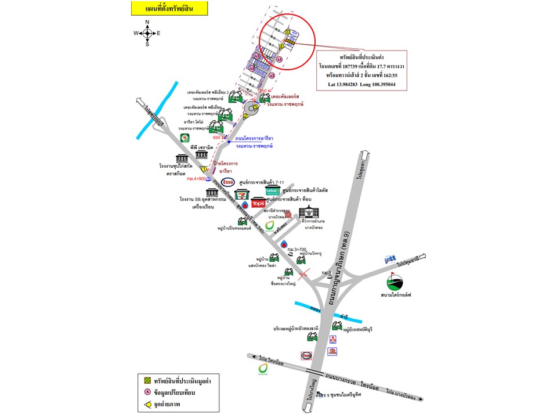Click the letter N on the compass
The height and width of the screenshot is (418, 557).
[x=147, y=23]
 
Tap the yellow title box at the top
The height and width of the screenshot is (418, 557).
[x=157, y=8]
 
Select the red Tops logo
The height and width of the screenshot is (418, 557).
[x=258, y=203]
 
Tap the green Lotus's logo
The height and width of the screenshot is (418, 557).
[x=272, y=190]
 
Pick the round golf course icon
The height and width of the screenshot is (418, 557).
[x=396, y=282]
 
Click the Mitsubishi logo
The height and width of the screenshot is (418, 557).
[x=333, y=338]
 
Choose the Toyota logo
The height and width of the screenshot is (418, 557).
[x=333, y=351]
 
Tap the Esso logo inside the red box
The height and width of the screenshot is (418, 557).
[x=306, y=355]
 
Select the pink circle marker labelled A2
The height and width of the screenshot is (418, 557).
[x=272, y=75]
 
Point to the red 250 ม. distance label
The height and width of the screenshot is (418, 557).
[x=265, y=92]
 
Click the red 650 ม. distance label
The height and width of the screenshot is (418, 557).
[x=219, y=138]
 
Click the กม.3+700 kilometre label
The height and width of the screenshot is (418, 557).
[x=298, y=250]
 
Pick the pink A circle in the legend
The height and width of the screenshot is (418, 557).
[x=147, y=393]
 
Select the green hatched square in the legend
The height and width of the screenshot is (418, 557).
[x=147, y=380]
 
